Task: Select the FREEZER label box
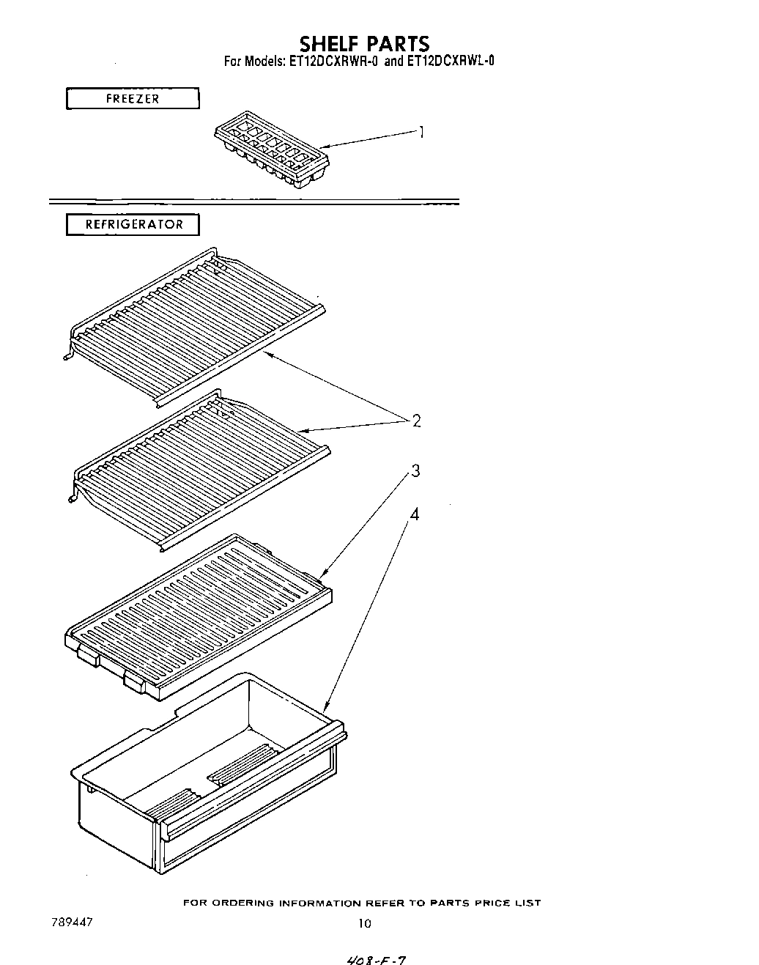(133, 98)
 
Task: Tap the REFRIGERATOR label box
(133, 224)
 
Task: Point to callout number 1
(421, 132)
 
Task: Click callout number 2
(416, 421)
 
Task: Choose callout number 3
(415, 471)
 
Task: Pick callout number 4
(415, 514)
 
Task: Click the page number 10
(364, 924)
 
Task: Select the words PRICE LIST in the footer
(506, 903)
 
